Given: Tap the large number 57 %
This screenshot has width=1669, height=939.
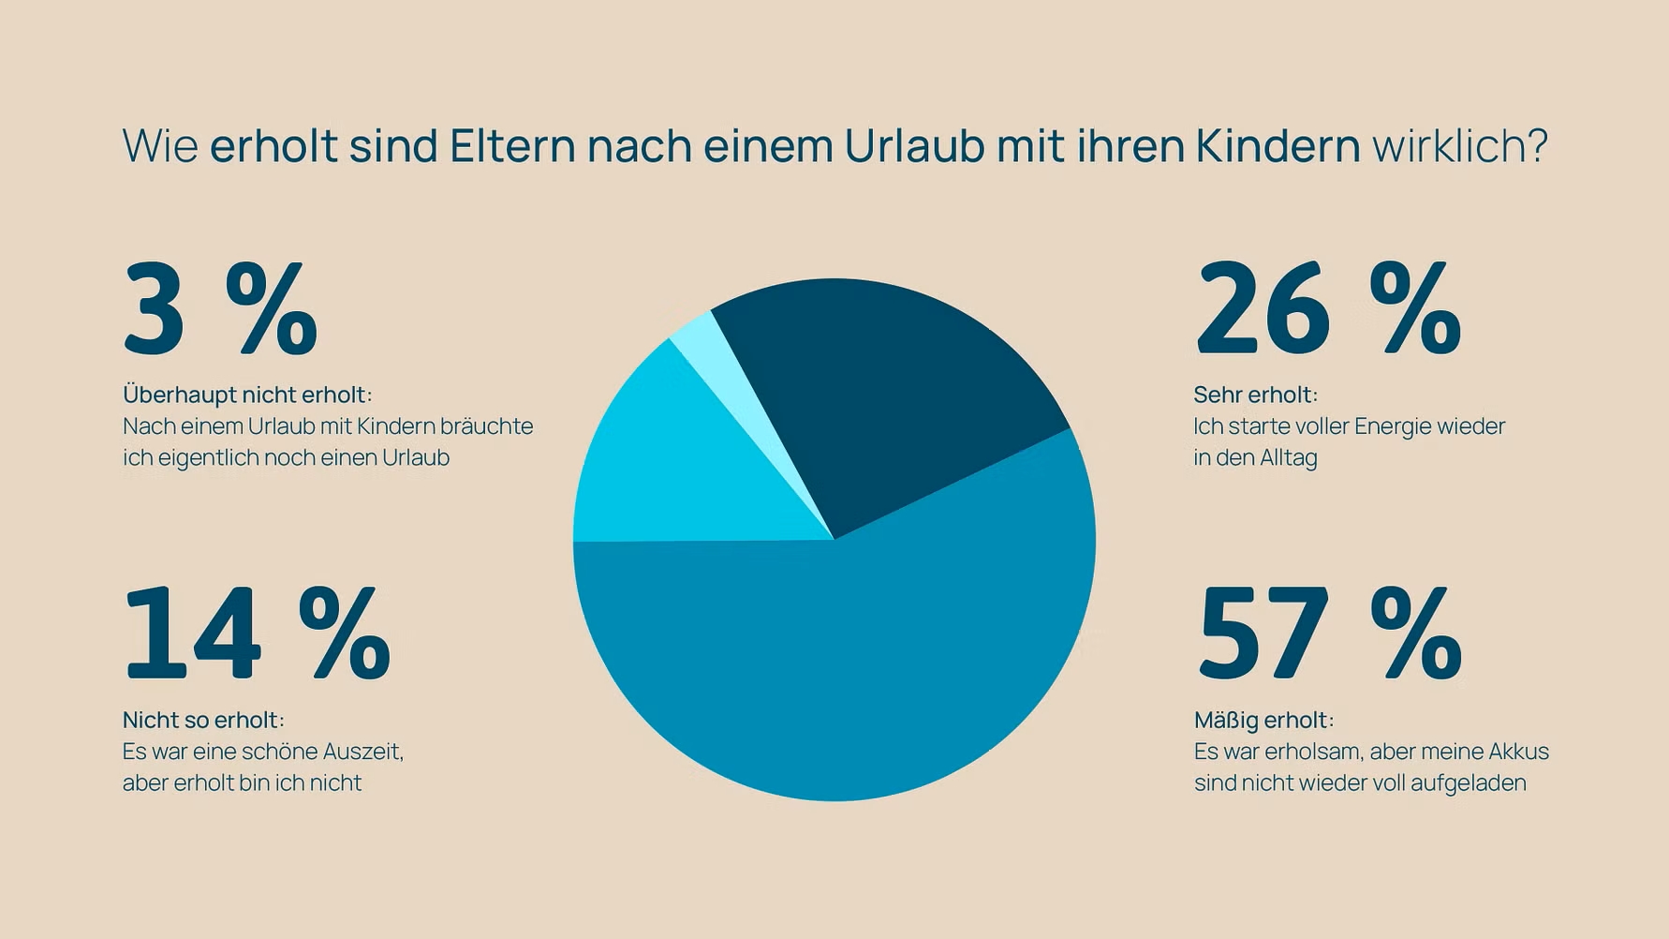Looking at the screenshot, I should [1328, 634].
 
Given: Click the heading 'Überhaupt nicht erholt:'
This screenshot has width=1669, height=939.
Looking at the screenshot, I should [247, 395].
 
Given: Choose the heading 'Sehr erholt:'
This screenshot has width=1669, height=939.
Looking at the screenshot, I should [1255, 395].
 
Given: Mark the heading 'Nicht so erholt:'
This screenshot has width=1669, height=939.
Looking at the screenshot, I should [203, 720].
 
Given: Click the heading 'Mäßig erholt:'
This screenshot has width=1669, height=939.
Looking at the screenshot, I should [1263, 720].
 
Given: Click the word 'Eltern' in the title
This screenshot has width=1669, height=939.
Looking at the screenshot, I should [512, 146].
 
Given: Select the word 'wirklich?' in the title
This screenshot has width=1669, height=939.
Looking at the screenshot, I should [1459, 146].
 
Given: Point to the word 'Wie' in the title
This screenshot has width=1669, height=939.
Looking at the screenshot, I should [160, 146].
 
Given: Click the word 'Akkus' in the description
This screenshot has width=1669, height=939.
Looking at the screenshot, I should [1518, 752].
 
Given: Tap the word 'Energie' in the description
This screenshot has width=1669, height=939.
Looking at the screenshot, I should [1396, 426].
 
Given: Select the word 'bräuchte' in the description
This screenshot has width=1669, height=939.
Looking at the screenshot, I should [486, 426].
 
